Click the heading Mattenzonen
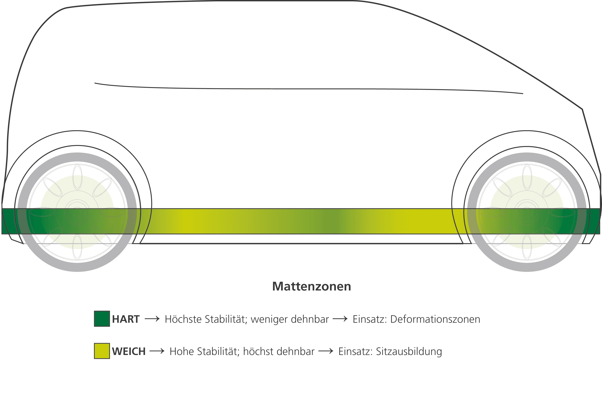[311, 286]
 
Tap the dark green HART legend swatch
[102, 319]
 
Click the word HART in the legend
[126, 319]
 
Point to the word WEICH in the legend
[129, 351]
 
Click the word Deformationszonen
[435, 319]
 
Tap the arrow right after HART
[152, 319]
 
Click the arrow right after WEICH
[157, 351]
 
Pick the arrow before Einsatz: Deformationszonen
[340, 319]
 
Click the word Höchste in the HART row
[183, 319]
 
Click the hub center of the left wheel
[77, 212]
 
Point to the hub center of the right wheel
[527, 212]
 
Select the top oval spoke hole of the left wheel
[77, 177]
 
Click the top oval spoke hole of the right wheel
[527, 177]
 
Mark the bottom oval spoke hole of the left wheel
[77, 247]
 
